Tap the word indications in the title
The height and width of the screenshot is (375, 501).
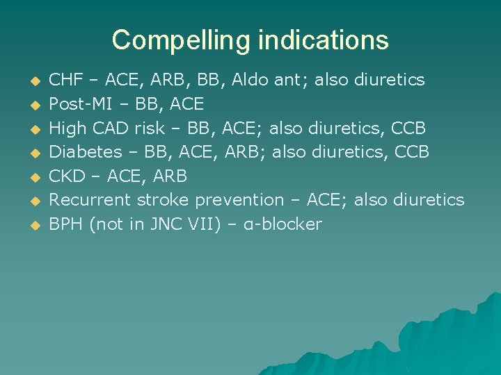323,40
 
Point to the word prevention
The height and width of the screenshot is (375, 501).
239,200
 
